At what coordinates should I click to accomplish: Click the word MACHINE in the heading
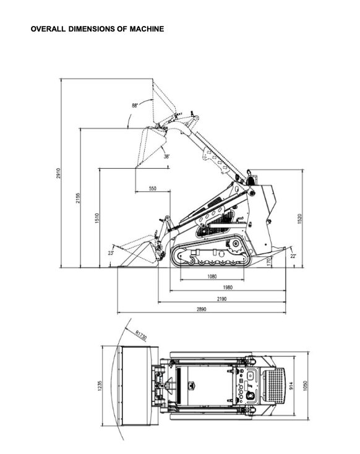(147, 29)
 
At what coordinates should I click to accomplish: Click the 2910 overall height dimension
(59, 173)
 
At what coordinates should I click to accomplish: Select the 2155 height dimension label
(78, 198)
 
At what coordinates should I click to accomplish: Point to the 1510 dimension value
(97, 218)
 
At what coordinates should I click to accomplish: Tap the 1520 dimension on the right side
(300, 219)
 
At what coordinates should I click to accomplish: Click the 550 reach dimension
(153, 189)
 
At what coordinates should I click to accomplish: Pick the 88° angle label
(135, 106)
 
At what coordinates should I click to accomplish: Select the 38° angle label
(167, 156)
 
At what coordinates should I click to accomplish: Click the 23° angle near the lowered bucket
(111, 253)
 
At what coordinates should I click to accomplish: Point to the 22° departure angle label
(293, 256)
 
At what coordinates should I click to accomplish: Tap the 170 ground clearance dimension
(269, 262)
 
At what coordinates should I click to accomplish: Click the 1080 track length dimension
(212, 276)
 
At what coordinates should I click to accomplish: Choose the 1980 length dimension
(228, 288)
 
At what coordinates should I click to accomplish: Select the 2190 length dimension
(222, 299)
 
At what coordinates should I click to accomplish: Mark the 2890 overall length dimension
(202, 309)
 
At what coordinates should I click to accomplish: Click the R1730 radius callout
(141, 335)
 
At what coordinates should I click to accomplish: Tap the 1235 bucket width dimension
(100, 386)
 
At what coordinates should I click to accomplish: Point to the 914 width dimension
(291, 386)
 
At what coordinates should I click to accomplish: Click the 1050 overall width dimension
(305, 386)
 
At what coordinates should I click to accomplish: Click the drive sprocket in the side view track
(234, 247)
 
